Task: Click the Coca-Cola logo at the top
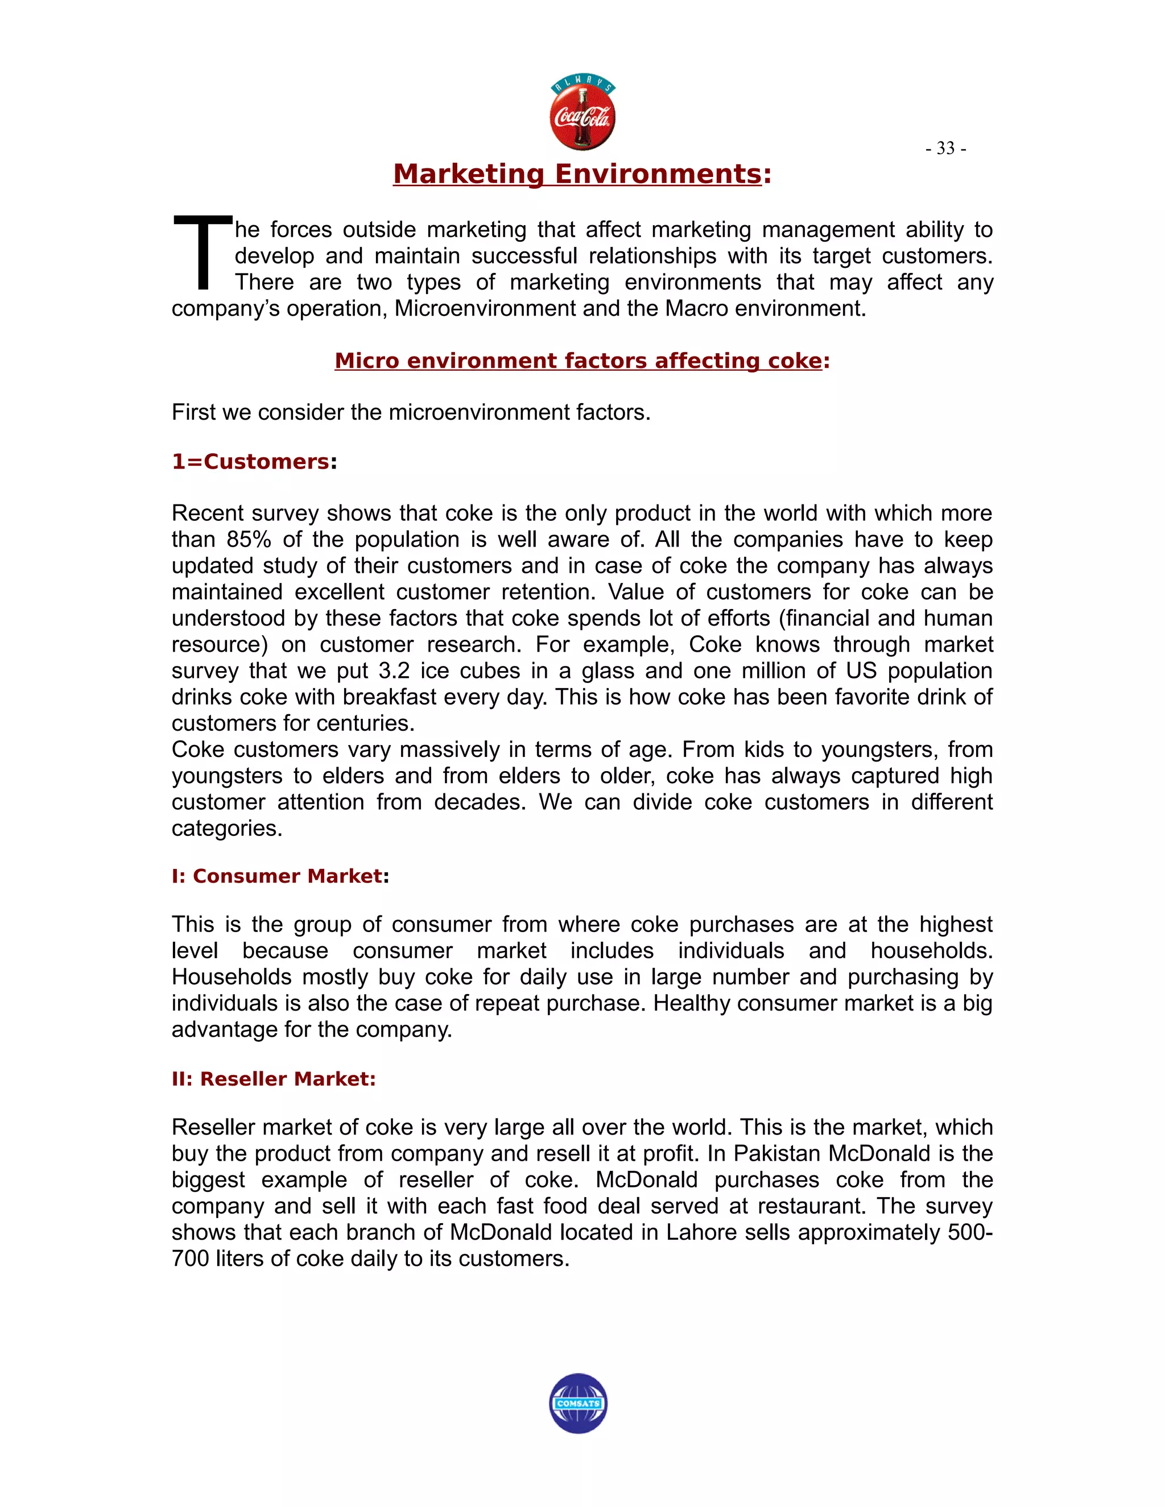[582, 114]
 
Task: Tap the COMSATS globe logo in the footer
[579, 1403]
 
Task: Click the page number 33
[945, 148]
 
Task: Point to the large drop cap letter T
[202, 252]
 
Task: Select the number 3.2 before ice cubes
[394, 670]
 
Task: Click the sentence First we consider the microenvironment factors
[411, 413]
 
